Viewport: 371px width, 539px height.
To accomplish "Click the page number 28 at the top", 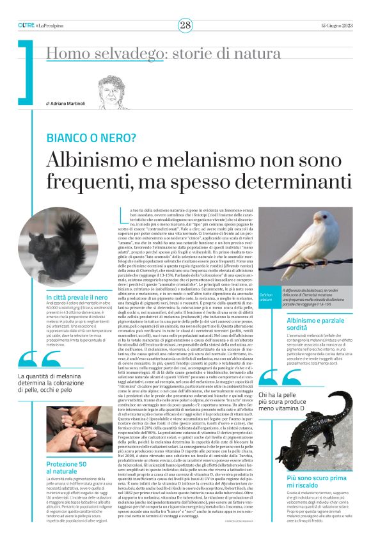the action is coord(185,25).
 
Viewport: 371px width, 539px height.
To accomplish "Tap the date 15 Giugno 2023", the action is coord(335,25).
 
